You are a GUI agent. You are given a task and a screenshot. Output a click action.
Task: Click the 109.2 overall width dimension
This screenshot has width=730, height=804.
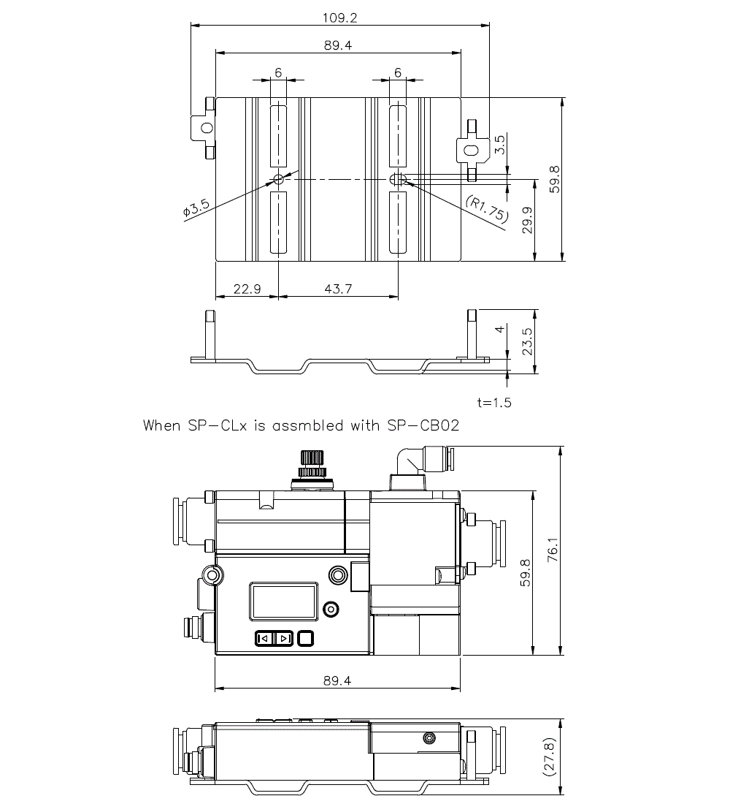(x=339, y=16)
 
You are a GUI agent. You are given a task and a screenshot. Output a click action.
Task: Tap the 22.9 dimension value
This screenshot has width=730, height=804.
(x=247, y=289)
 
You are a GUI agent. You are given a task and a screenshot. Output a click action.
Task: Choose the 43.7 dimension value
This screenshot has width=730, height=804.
(x=337, y=289)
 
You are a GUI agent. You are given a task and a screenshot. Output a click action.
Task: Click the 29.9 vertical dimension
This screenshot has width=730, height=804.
(x=527, y=220)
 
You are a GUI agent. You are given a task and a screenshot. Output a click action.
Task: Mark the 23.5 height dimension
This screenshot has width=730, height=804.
(x=527, y=341)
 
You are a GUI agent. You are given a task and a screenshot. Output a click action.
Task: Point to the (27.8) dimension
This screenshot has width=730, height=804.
(x=552, y=756)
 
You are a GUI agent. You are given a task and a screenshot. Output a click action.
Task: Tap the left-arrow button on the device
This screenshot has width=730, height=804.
(x=264, y=638)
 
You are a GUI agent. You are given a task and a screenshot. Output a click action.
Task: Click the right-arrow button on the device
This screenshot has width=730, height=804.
(x=284, y=638)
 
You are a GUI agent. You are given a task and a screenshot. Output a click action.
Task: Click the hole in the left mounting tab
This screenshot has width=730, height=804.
(x=206, y=127)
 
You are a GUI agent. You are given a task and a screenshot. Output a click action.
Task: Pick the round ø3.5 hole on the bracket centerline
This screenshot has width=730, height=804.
(x=278, y=179)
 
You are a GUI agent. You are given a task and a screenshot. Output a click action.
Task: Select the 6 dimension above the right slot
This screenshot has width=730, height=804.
(x=398, y=72)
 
